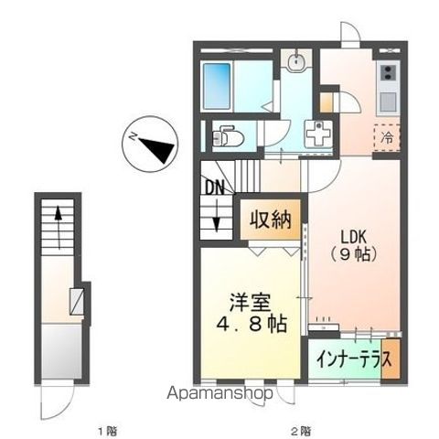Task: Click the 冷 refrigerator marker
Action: click(x=387, y=139)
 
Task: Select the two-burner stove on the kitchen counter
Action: click(x=388, y=71)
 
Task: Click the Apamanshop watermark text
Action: click(x=219, y=394)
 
